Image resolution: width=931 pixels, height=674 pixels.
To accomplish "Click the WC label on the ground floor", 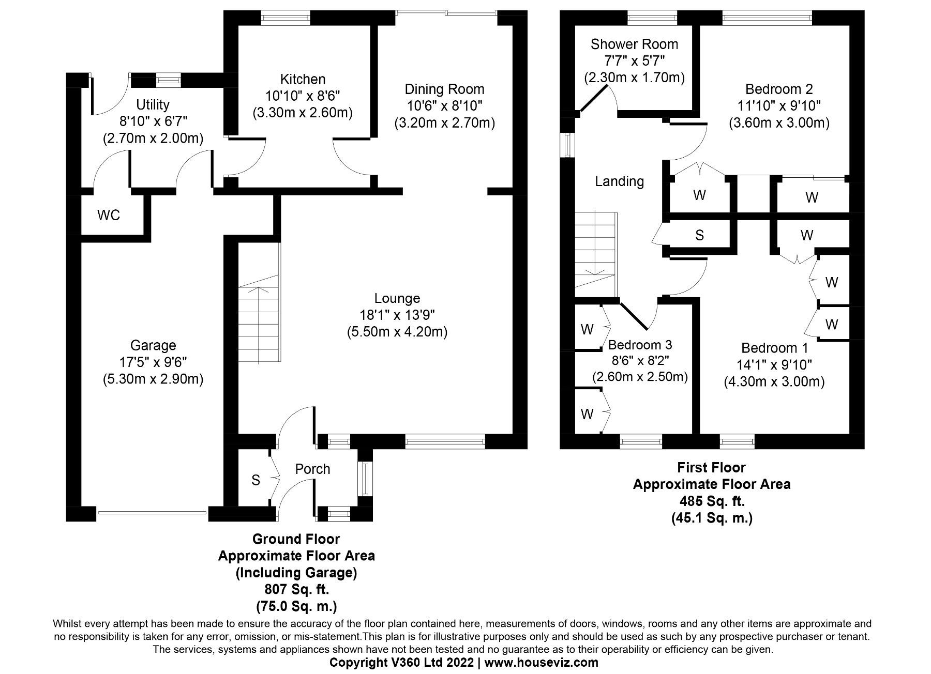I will click(x=109, y=215).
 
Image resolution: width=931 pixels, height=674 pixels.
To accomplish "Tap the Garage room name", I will click(x=153, y=345).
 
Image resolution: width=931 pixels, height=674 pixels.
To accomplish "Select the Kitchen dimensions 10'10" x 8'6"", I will click(x=303, y=96).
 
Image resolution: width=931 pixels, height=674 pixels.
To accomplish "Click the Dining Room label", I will click(x=444, y=89).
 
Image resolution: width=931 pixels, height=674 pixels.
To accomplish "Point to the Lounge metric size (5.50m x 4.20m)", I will click(x=397, y=332).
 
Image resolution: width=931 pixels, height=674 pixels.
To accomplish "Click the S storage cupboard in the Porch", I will click(x=255, y=480).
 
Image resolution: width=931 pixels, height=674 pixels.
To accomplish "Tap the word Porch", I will click(x=312, y=469).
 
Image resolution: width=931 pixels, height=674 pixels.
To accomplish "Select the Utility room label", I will click(x=153, y=104).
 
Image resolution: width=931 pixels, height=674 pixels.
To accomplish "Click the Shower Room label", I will click(x=634, y=44).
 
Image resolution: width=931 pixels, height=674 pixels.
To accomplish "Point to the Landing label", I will click(x=619, y=181).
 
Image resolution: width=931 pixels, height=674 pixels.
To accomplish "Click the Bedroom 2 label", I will click(x=779, y=88).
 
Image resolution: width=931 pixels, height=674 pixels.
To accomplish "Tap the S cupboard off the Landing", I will click(x=699, y=236).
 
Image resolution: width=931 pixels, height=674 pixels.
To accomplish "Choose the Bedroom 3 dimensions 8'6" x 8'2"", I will click(x=640, y=361).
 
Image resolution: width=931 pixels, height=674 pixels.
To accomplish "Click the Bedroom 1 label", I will click(x=774, y=347).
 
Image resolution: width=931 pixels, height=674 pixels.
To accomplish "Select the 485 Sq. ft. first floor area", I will click(x=712, y=501).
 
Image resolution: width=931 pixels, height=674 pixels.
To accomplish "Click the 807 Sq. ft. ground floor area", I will click(x=296, y=589).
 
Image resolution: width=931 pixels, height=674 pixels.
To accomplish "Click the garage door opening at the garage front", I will click(x=152, y=513).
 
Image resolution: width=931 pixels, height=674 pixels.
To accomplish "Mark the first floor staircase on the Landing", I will click(x=596, y=253).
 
